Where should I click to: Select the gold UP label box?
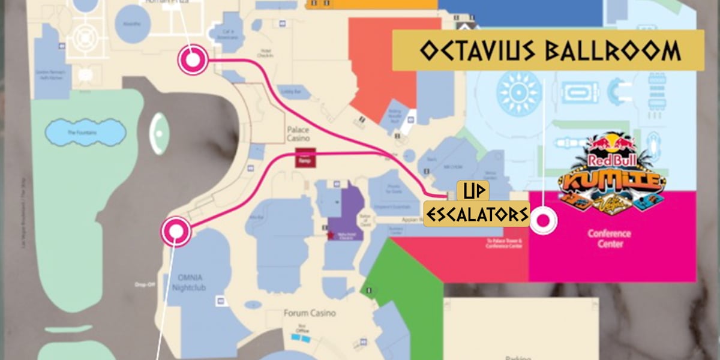point(473,191)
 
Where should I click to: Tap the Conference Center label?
point(610,239)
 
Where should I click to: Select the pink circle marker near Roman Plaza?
point(192,60)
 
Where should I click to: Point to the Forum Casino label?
point(310,313)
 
